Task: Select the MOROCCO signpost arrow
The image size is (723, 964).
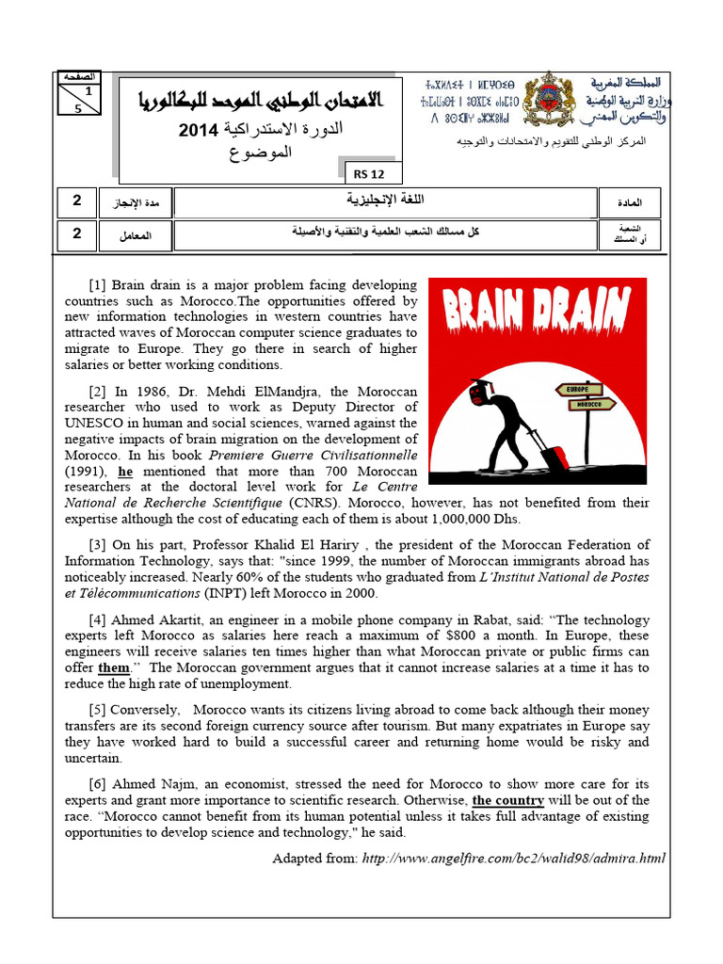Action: pyautogui.click(x=588, y=405)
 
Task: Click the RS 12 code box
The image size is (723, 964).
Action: pyautogui.click(x=362, y=173)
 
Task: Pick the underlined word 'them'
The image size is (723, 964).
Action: pyautogui.click(x=114, y=667)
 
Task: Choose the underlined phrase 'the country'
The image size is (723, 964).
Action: pyautogui.click(x=508, y=800)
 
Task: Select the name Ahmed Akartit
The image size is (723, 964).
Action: pyautogui.click(x=169, y=619)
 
